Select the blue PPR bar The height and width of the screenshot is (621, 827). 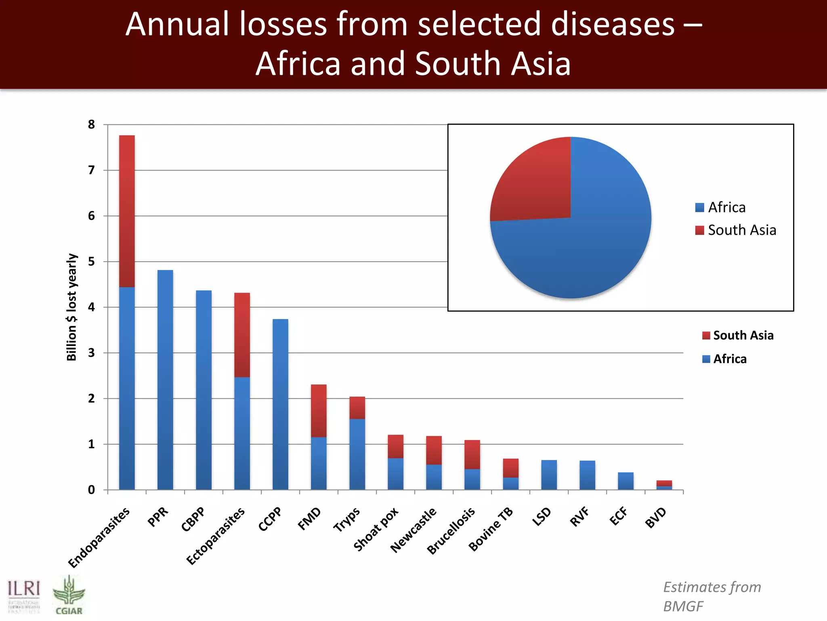click(165, 380)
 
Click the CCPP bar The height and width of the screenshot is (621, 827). click(280, 404)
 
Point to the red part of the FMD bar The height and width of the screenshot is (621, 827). click(319, 410)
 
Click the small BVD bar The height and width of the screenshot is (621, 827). click(664, 485)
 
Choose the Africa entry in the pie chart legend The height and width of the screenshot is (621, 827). click(721, 207)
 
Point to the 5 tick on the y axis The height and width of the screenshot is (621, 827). click(92, 262)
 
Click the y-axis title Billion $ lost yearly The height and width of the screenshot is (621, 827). click(71, 307)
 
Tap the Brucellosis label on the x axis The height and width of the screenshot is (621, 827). click(451, 531)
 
